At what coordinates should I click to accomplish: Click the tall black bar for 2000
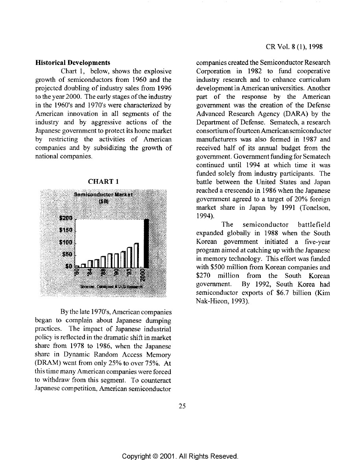pyautogui.click(x=146, y=243)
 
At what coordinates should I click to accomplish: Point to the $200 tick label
pyautogui.click(x=66, y=218)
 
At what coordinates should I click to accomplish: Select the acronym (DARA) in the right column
pyautogui.click(x=291, y=114)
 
